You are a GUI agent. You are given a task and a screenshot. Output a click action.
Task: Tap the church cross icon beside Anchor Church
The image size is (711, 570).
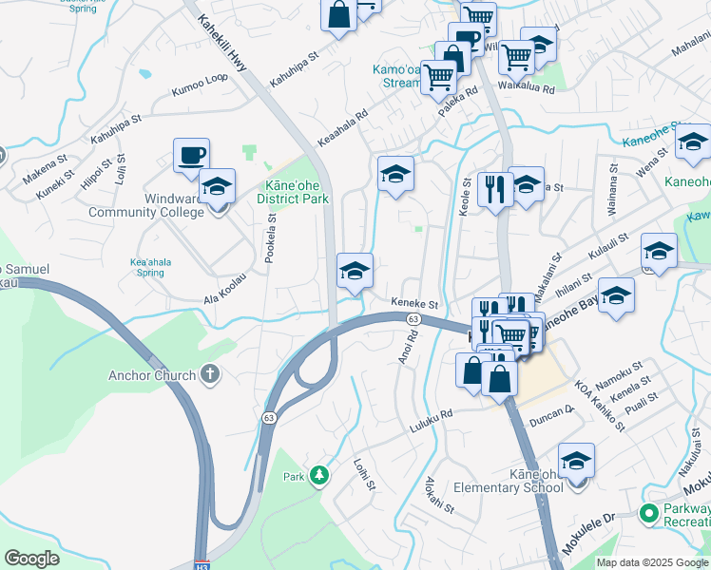click(x=211, y=374)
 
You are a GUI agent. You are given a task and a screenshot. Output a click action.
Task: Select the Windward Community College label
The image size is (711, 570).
click(x=146, y=205)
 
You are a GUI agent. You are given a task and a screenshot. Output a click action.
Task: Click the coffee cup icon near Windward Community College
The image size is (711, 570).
click(x=191, y=155)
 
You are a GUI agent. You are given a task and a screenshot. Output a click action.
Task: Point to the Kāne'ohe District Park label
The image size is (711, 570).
click(x=293, y=193)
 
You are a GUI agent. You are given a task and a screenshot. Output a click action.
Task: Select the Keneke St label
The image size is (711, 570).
click(x=414, y=304)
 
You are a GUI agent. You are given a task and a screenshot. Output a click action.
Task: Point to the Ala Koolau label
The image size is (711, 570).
click(x=224, y=300)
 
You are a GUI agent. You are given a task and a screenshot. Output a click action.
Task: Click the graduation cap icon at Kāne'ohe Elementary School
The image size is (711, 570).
click(x=576, y=462)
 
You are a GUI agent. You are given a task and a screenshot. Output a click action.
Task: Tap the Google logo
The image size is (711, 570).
click(x=31, y=559)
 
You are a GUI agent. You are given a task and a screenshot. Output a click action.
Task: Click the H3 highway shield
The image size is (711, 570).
click(x=202, y=563)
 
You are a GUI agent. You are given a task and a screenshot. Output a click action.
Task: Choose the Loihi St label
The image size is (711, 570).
click(x=362, y=474)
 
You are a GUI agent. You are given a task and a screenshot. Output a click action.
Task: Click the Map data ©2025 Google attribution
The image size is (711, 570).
click(x=652, y=562)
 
